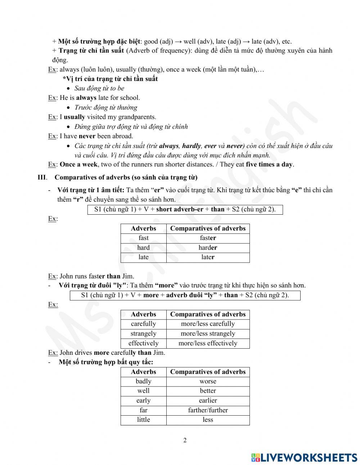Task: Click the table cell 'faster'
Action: (x=208, y=238)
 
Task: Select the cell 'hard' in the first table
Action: (x=143, y=248)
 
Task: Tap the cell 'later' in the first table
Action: (x=208, y=257)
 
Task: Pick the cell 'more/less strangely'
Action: (x=208, y=334)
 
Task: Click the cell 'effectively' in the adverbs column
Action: (x=143, y=343)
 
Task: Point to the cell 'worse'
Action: (x=208, y=381)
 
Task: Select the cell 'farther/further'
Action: (x=208, y=410)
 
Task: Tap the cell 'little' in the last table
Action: (x=143, y=420)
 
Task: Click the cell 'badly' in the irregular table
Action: (x=143, y=381)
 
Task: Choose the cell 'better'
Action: (x=208, y=391)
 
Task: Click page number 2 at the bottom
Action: (x=185, y=440)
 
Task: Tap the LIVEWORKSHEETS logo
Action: (x=304, y=457)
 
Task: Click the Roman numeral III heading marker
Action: (x=42, y=177)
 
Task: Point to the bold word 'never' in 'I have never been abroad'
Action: (x=87, y=136)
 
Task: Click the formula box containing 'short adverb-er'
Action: (x=185, y=209)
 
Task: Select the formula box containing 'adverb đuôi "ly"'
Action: (x=185, y=295)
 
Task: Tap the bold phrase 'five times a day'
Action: (x=269, y=165)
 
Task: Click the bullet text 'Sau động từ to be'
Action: (x=99, y=88)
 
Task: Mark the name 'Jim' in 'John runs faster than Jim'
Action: (x=128, y=276)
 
